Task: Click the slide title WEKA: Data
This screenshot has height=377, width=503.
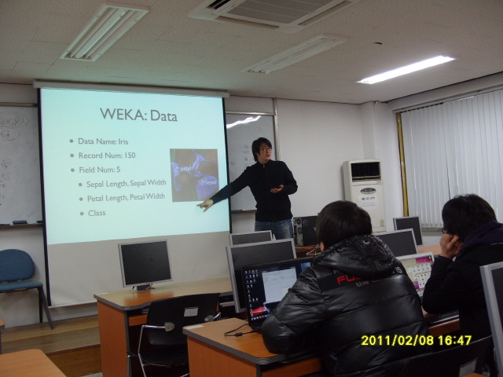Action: pyautogui.click(x=138, y=115)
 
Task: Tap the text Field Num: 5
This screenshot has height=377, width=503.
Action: pyautogui.click(x=98, y=169)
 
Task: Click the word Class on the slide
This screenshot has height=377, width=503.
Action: pyautogui.click(x=97, y=213)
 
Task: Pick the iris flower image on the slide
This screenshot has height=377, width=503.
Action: pyautogui.click(x=193, y=174)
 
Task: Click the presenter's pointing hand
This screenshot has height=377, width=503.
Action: pyautogui.click(x=205, y=204)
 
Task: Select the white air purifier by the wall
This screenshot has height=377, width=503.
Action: pyautogui.click(x=363, y=192)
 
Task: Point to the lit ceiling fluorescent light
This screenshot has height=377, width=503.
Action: pyautogui.click(x=406, y=69)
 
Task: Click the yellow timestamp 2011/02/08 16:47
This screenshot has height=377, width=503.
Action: pyautogui.click(x=416, y=340)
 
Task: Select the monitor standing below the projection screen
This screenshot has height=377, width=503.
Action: pyautogui.click(x=145, y=263)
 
